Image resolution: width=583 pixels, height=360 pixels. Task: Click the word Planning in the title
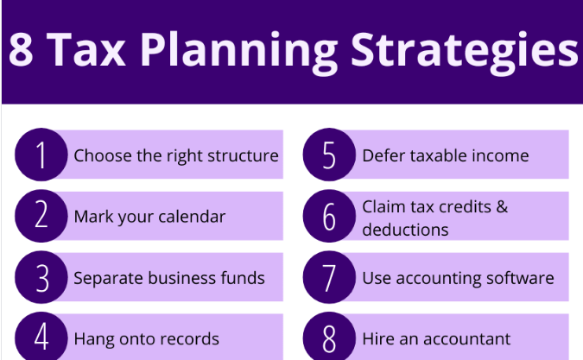tap(238, 52)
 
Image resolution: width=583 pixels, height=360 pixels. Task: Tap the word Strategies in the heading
tap(464, 52)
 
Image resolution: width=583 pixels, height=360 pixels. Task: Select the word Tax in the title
tap(86, 49)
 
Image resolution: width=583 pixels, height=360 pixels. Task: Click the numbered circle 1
tap(41, 155)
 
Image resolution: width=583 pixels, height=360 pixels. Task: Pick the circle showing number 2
tap(41, 216)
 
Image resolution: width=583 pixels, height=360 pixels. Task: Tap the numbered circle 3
tap(41, 277)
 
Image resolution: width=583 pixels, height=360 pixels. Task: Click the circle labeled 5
tap(329, 155)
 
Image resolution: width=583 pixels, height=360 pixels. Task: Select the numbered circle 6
tap(329, 216)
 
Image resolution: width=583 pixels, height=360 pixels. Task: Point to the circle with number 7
tap(329, 277)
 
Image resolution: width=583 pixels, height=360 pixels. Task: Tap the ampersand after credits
tap(502, 206)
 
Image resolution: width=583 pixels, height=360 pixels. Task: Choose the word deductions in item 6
tap(405, 230)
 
